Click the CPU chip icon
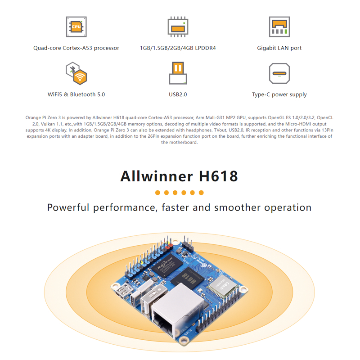[76, 27]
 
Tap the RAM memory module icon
[178, 27]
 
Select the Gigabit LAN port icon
[279, 27]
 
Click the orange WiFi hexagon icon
[81, 77]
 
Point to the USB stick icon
[178, 73]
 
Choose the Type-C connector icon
[279, 73]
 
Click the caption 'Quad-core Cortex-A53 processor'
[76, 48]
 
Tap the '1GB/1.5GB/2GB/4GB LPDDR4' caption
[178, 48]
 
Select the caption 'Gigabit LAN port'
[279, 48]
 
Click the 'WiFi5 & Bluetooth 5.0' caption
[76, 94]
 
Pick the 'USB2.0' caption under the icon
[178, 94]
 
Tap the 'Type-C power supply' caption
[279, 94]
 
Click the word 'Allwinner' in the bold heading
[156, 176]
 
